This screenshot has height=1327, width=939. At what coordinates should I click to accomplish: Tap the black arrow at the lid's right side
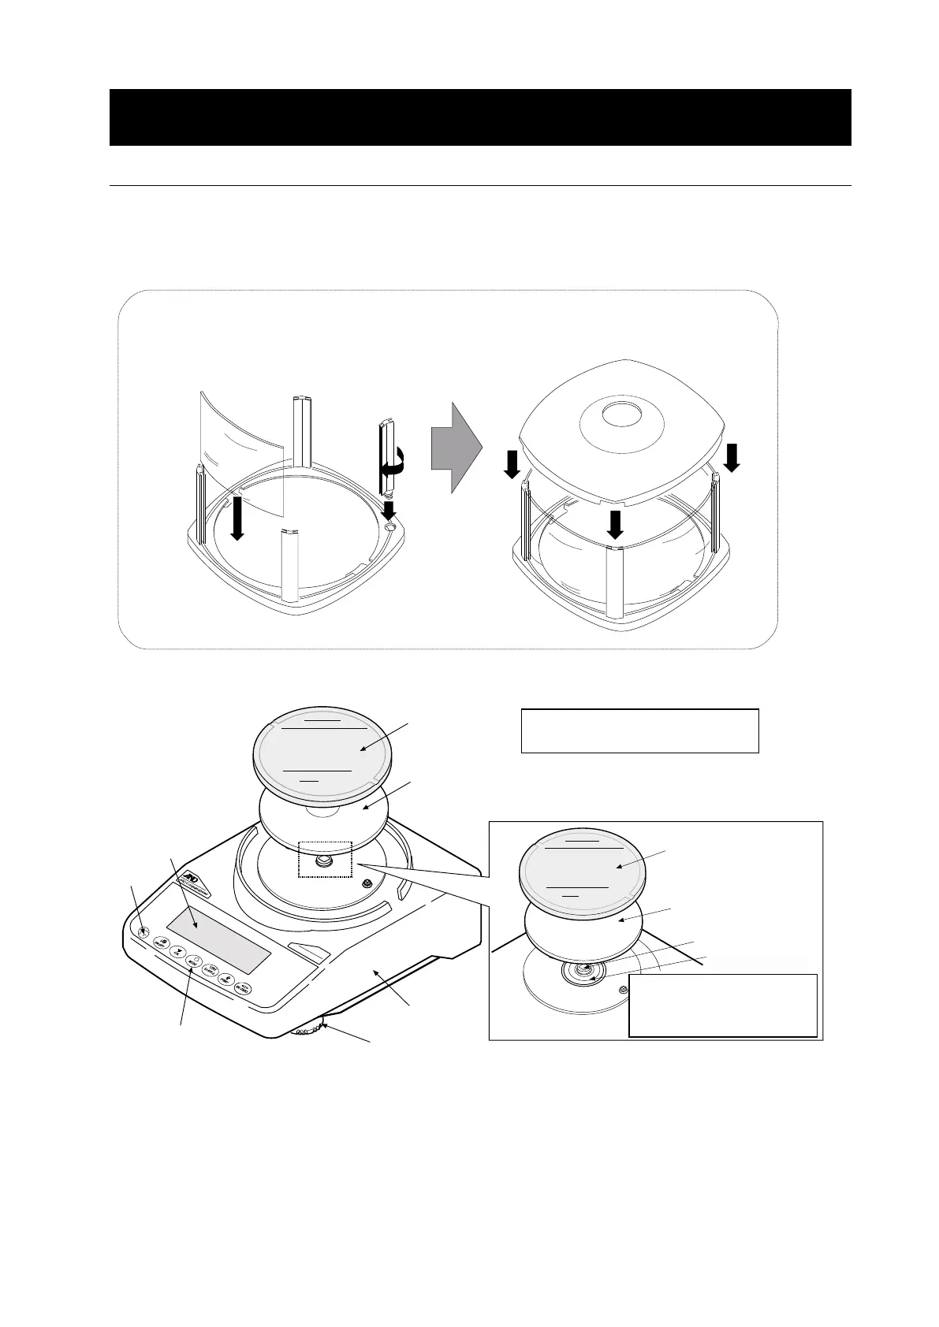point(732,457)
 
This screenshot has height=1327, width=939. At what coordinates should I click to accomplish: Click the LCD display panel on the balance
point(218,939)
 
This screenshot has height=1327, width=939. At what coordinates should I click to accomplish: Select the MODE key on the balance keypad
point(192,962)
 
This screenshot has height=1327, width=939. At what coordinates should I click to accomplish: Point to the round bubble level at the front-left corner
point(143,932)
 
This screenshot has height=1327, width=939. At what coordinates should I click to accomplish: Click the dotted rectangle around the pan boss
point(325,860)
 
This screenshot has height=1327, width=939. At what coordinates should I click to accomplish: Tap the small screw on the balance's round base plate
point(367,884)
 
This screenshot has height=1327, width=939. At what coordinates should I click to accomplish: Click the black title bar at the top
point(479,117)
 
